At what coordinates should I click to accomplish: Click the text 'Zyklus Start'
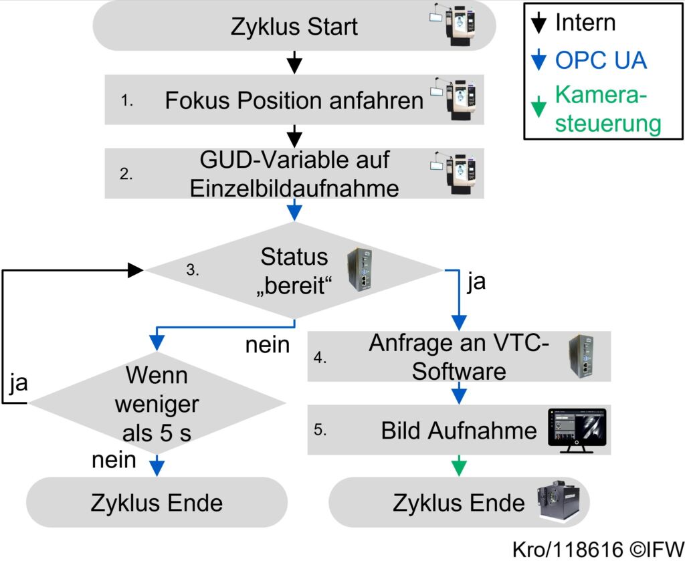pos(294,27)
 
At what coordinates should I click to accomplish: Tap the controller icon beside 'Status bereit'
pos(357,269)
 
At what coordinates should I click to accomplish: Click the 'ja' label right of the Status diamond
pos(476,282)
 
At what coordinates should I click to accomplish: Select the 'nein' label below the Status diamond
pos(267,345)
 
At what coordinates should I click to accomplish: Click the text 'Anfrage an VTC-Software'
pos(458,357)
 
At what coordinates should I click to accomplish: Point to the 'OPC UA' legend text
pos(601,60)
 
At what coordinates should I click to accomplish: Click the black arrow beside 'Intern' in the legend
pos(539,24)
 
